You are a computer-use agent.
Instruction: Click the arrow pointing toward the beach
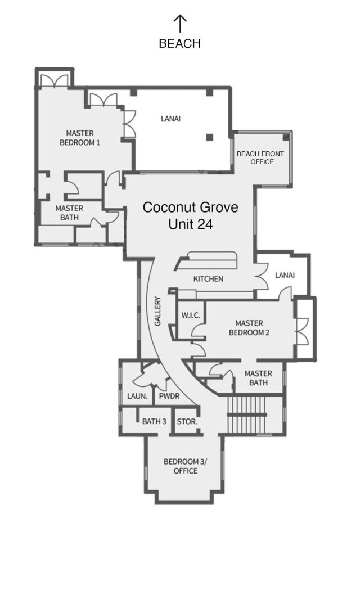pos(180,23)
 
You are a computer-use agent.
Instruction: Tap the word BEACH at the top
pos(180,44)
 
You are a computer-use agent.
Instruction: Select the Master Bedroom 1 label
pos(80,138)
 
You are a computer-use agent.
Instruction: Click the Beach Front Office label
pos(260,157)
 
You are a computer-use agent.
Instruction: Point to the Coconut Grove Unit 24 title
pos(190,215)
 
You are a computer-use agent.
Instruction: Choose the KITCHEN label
pos(208,279)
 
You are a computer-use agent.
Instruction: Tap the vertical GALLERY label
pos(157,311)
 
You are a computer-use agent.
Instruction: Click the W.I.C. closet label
pos(191,316)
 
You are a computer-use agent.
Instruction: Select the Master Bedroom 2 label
pos(249,328)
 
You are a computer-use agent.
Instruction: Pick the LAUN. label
pos(137,396)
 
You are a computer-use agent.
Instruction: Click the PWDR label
pos(169,396)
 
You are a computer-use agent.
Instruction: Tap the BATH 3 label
pos(154,421)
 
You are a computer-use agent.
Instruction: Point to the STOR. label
pos(187,421)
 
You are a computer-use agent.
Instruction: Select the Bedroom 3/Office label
pos(186,466)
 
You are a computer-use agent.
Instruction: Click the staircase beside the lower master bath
pos(247,415)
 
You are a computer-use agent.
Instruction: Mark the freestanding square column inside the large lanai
pos(209,137)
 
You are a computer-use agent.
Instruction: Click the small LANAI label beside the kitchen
pos(285,275)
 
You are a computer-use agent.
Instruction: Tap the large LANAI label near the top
pos(171,119)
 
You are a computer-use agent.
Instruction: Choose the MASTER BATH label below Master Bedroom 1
pos(70,213)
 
